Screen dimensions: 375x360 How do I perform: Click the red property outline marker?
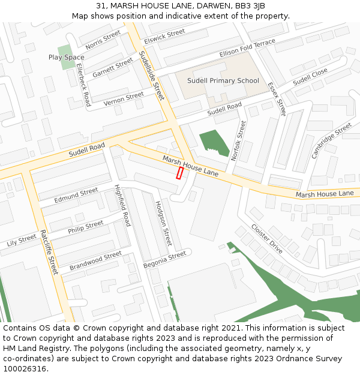click(179, 173)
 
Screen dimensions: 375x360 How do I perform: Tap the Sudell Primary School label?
click(223, 80)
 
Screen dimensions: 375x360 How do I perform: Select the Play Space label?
click(66, 58)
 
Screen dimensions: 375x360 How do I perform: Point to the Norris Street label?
click(103, 40)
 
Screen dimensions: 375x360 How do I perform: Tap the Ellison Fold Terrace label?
click(247, 48)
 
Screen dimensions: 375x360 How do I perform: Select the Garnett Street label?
click(113, 68)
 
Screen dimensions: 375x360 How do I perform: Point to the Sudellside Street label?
click(151, 75)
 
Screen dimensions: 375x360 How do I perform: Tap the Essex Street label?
click(277, 99)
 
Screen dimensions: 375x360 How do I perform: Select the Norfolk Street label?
click(239, 140)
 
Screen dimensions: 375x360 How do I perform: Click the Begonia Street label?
click(165, 260)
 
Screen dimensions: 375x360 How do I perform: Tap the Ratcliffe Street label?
click(49, 253)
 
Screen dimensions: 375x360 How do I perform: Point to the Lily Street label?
click(22, 241)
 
